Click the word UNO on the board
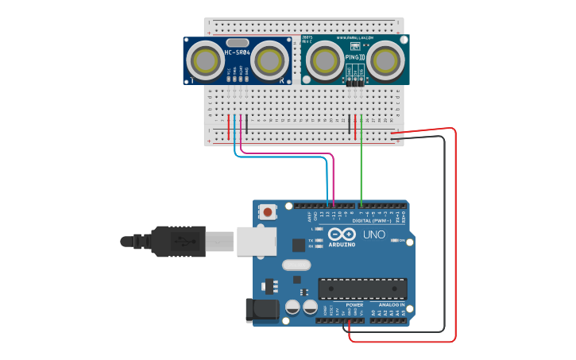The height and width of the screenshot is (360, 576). coord(374,235)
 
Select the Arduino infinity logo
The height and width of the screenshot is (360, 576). coord(342,234)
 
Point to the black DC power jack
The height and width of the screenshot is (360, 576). coord(261,310)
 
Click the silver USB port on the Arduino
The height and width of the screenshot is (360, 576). coord(256,239)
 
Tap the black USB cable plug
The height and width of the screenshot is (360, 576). coord(179,241)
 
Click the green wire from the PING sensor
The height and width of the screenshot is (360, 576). coord(361,167)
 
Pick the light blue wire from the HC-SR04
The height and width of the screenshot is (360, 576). coord(278,157)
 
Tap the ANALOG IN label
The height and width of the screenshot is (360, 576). coord(390,305)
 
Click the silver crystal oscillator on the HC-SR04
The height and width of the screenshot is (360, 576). coord(237,42)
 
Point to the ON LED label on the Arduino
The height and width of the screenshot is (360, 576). coord(402,240)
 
